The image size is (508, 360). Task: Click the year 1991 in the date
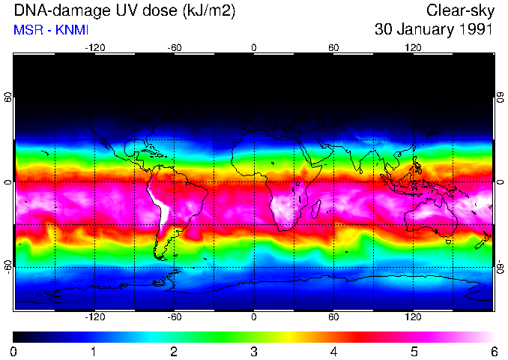[x=474, y=31]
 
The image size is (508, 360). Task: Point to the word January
[x=423, y=31]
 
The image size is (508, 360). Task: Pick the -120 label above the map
[x=94, y=47]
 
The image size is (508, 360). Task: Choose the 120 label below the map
[x=413, y=317]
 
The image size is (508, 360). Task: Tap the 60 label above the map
[x=333, y=47]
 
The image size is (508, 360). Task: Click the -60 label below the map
[x=174, y=317]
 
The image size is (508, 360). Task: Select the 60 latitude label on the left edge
[x=8, y=97]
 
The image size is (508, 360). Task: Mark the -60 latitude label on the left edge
[x=8, y=267]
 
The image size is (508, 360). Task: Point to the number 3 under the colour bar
[x=254, y=351]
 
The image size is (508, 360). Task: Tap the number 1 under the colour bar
[x=94, y=351]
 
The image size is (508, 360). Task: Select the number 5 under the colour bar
[x=414, y=351]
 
